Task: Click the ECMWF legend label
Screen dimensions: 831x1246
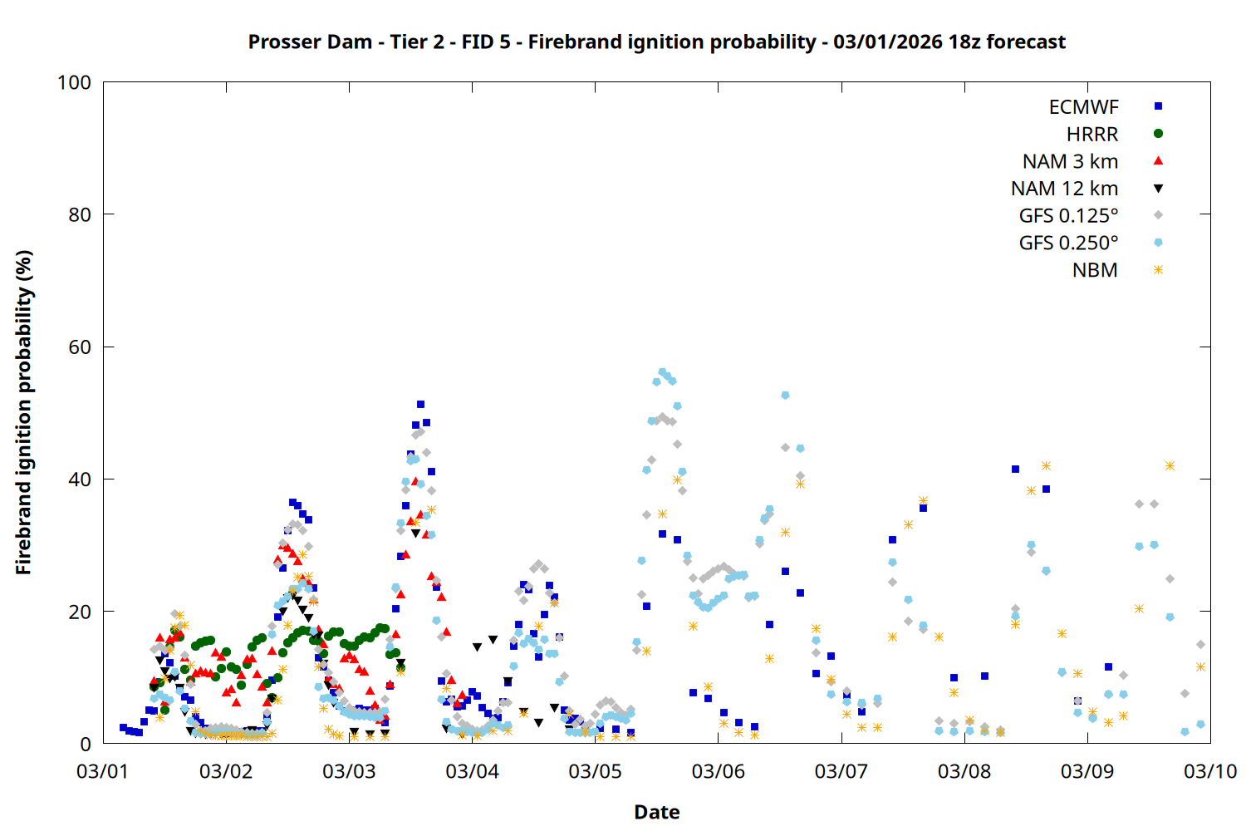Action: (x=1083, y=107)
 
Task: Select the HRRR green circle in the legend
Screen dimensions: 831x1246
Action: (x=1158, y=134)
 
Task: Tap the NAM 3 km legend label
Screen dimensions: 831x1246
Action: (x=1070, y=161)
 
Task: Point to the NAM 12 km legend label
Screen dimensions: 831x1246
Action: (x=1064, y=189)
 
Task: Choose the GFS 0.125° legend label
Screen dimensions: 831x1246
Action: (x=1068, y=216)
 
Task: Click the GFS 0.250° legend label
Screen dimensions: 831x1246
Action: (x=1068, y=243)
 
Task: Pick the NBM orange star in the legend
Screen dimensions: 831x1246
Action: (x=1158, y=270)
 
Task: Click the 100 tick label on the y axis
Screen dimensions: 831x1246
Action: (x=74, y=82)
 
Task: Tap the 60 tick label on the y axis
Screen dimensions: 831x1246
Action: (x=80, y=347)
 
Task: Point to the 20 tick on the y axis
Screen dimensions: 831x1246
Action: (x=80, y=612)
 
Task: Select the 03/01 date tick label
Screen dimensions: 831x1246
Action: (x=102, y=771)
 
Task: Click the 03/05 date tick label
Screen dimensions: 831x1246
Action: (x=595, y=771)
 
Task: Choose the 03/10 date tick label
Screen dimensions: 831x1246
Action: (x=1210, y=771)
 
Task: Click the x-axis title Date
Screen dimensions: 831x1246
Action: (x=656, y=812)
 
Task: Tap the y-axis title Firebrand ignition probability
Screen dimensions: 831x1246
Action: (x=24, y=412)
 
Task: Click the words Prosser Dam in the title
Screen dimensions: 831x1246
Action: (x=310, y=42)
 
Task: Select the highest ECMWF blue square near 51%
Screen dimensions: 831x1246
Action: (x=420, y=405)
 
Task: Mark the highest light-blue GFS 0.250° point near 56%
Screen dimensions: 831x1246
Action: (x=662, y=372)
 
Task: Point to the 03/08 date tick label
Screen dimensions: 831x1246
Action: (x=964, y=771)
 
